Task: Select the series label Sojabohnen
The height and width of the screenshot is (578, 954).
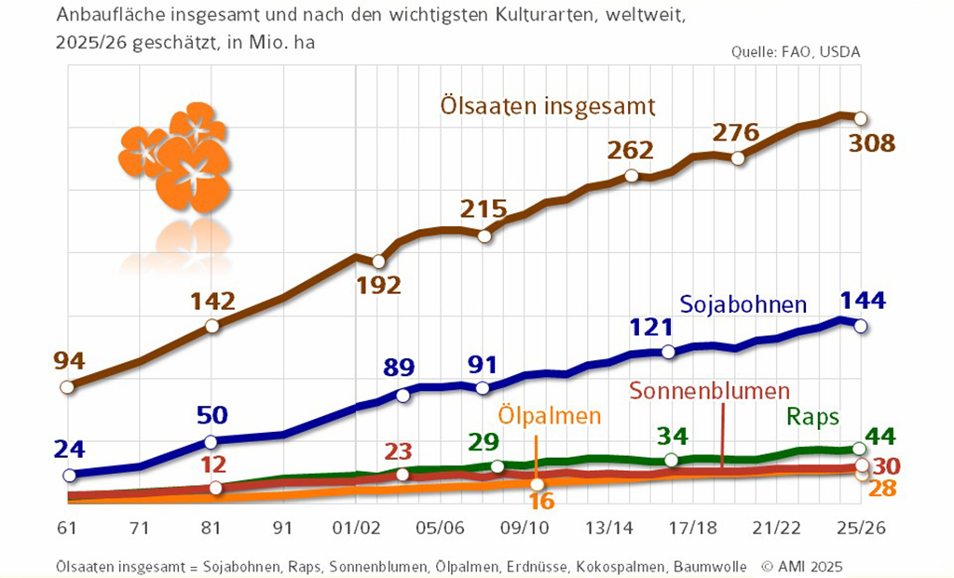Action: pos(743,304)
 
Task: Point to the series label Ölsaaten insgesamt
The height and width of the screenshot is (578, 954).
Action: pos(549,105)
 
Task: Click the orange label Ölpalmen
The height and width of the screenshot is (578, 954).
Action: pos(549,415)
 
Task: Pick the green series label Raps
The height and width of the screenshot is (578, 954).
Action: pos(813,415)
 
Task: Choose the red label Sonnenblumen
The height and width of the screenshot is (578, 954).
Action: pos(709,391)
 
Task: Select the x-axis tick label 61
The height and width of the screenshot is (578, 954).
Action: pos(66,528)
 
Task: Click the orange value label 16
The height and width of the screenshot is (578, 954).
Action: pos(541,502)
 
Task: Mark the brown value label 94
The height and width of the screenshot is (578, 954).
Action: pos(66,360)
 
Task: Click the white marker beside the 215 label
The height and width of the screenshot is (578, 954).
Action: pos(484,235)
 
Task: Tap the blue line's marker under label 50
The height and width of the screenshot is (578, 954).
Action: pos(211,441)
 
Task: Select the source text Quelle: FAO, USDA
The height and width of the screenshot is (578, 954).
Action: pos(796,52)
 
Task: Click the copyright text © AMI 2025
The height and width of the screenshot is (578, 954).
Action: pos(802,565)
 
